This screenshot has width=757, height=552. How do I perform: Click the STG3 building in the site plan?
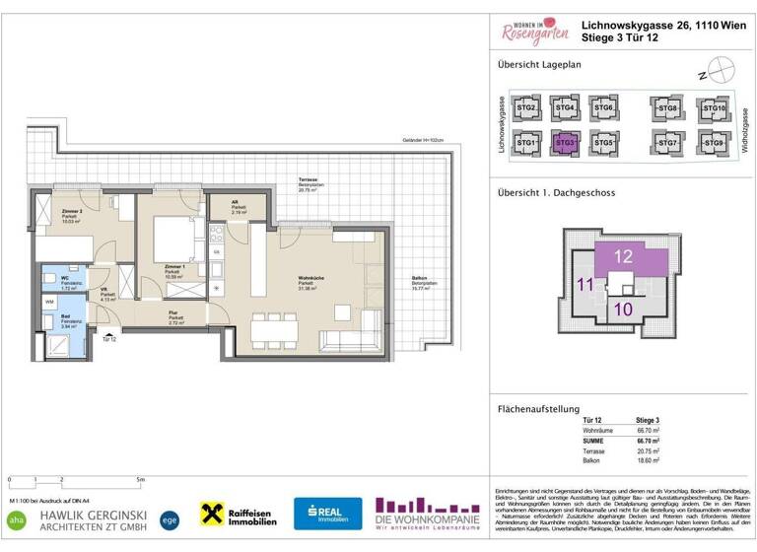click(x=565, y=143)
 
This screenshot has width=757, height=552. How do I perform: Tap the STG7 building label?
click(x=669, y=144)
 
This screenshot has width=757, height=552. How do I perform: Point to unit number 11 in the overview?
click(x=584, y=286)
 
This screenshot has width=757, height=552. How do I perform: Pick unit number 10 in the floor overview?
click(x=623, y=309)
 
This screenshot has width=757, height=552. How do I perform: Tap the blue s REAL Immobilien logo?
click(x=327, y=513)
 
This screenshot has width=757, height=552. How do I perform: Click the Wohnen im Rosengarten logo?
click(x=534, y=32)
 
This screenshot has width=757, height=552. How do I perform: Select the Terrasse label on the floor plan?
click(x=312, y=182)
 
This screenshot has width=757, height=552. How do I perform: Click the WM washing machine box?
click(x=49, y=301)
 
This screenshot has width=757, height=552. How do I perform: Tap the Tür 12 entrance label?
click(x=107, y=338)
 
